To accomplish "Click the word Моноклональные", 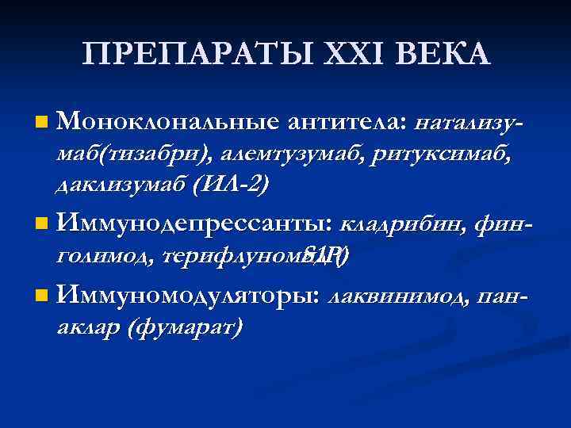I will coord(167,122).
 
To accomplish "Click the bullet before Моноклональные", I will coord(41,123).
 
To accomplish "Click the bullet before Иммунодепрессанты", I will coord(41,226).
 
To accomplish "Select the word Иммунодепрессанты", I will coord(194,225).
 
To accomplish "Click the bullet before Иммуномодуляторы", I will coord(41,297).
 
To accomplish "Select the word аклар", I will coord(86,327).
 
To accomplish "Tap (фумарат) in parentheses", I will coord(184,327).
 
